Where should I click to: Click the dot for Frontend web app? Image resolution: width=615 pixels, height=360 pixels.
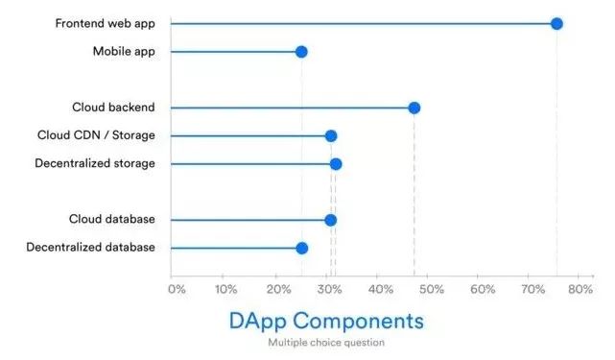[x=556, y=23]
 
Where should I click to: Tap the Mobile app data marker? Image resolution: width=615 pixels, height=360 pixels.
[x=301, y=51]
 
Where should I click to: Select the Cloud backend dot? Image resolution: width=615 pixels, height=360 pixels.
[x=414, y=108]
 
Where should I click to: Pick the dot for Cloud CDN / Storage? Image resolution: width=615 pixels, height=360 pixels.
[x=331, y=135]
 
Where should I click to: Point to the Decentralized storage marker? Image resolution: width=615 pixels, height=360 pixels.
[x=336, y=164]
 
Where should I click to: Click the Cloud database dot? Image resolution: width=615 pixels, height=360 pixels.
[x=331, y=220]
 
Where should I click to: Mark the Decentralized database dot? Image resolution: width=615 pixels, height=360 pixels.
[x=301, y=248]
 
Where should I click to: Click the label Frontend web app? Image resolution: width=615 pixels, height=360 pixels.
[x=106, y=23]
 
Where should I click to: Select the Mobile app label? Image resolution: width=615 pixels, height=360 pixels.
[x=124, y=51]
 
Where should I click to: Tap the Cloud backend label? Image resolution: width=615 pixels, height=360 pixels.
[x=113, y=108]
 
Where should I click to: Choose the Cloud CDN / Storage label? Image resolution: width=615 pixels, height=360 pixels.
[x=96, y=135]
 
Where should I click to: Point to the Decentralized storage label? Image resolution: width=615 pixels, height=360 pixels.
[x=95, y=163]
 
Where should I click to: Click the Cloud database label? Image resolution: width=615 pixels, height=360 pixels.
[x=111, y=220]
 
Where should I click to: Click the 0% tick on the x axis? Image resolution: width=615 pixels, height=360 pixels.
[x=177, y=288]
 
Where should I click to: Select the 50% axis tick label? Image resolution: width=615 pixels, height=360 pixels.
[x=430, y=288]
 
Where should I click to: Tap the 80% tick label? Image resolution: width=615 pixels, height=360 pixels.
[x=580, y=288]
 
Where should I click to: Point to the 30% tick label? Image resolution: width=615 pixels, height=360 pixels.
[x=328, y=288]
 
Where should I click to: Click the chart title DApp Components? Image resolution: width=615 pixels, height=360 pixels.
[x=326, y=320]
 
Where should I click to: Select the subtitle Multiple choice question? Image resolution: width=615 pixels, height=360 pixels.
[x=326, y=342]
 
